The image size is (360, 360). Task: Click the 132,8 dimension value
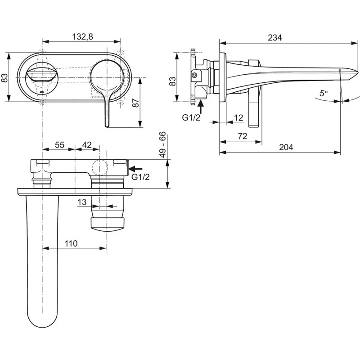click(83, 37)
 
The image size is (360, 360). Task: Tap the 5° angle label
click(324, 94)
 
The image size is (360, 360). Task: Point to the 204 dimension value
click(286, 147)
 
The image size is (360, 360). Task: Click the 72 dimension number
click(242, 136)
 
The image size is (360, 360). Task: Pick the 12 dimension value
click(239, 117)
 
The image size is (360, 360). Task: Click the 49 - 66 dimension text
click(163, 144)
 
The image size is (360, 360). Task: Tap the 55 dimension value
click(59, 144)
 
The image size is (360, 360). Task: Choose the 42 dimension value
click(87, 144)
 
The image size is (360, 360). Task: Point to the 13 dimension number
click(81, 202)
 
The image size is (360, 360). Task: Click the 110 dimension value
click(71, 243)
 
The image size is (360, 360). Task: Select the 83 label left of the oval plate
click(5, 77)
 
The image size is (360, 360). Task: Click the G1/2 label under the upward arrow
click(191, 117)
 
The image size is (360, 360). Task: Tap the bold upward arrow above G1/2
click(200, 106)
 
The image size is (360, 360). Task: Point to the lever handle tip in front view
click(106, 123)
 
